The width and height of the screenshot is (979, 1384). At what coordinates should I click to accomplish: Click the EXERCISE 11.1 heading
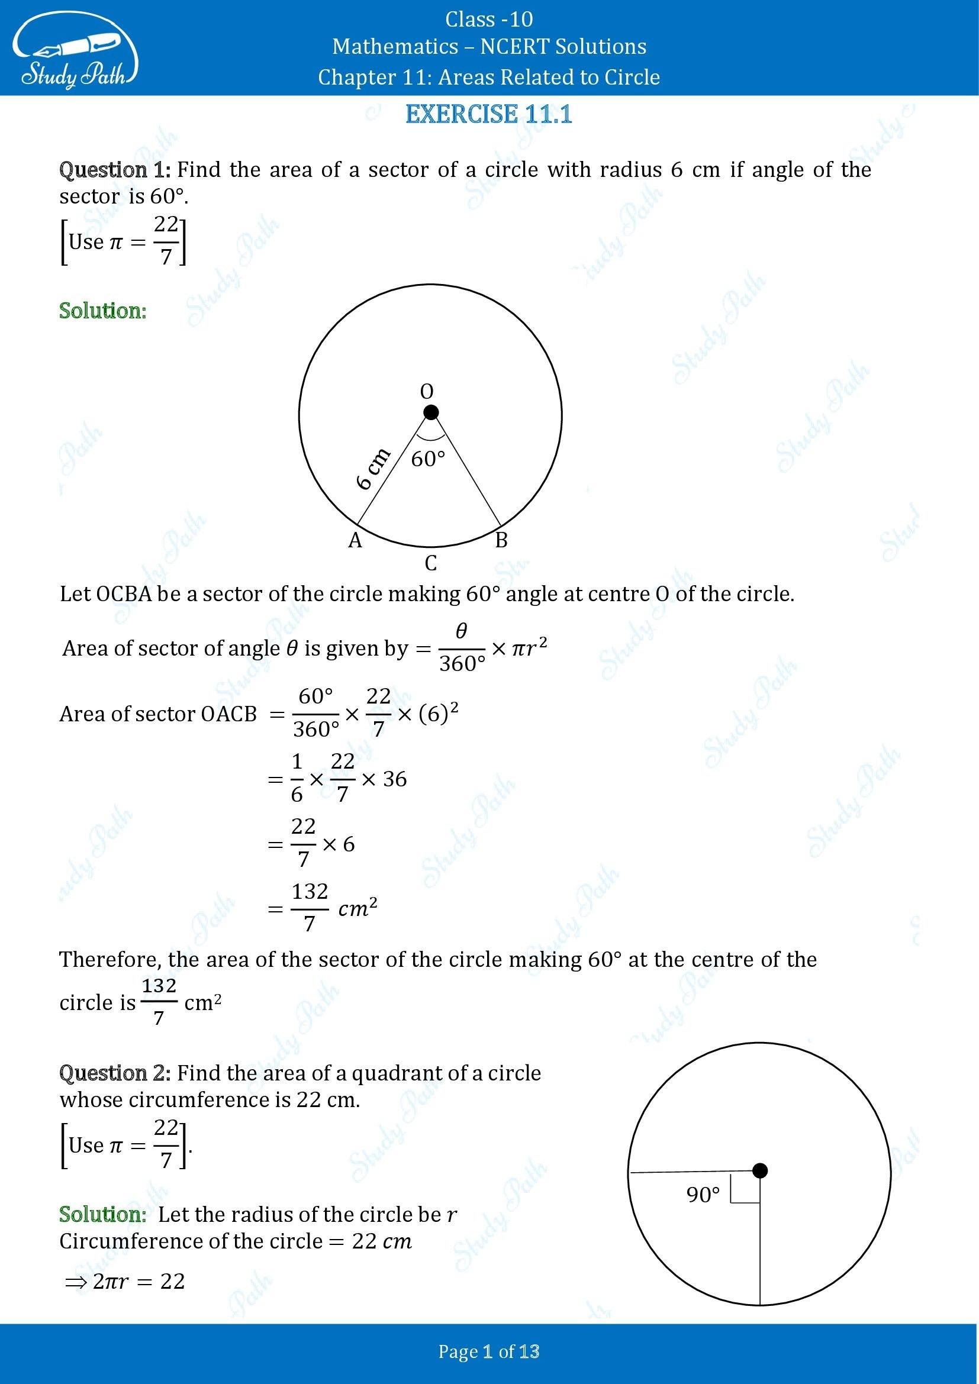(489, 114)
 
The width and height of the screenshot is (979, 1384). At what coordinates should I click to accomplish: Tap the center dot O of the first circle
(430, 412)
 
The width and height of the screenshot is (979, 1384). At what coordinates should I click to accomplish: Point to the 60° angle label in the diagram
(428, 459)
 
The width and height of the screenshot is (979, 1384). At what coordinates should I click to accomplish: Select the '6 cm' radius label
(373, 470)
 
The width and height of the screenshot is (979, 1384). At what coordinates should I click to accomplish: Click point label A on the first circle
(355, 541)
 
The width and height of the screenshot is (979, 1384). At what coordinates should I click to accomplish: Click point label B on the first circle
(501, 541)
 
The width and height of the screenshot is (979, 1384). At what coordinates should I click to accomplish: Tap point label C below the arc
(430, 564)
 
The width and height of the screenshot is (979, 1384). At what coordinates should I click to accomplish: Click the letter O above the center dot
(426, 392)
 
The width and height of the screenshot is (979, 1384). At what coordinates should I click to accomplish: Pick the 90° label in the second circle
(703, 1195)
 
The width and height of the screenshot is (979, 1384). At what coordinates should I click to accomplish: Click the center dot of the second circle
(760, 1170)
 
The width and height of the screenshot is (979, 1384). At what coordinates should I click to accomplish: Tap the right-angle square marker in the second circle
(745, 1188)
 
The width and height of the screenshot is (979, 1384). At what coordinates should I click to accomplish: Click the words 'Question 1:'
(115, 170)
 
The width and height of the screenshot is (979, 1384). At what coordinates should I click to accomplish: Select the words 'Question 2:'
(115, 1073)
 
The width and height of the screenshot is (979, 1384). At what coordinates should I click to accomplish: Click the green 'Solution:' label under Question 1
(102, 311)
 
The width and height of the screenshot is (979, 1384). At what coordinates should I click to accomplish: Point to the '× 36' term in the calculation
(385, 779)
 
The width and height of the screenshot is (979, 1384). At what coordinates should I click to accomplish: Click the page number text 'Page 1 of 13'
(489, 1352)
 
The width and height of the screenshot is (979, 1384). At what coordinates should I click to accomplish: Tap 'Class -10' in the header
(489, 20)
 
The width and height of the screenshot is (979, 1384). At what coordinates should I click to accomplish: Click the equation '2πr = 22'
(139, 1281)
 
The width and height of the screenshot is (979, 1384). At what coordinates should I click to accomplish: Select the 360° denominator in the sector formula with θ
(462, 664)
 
